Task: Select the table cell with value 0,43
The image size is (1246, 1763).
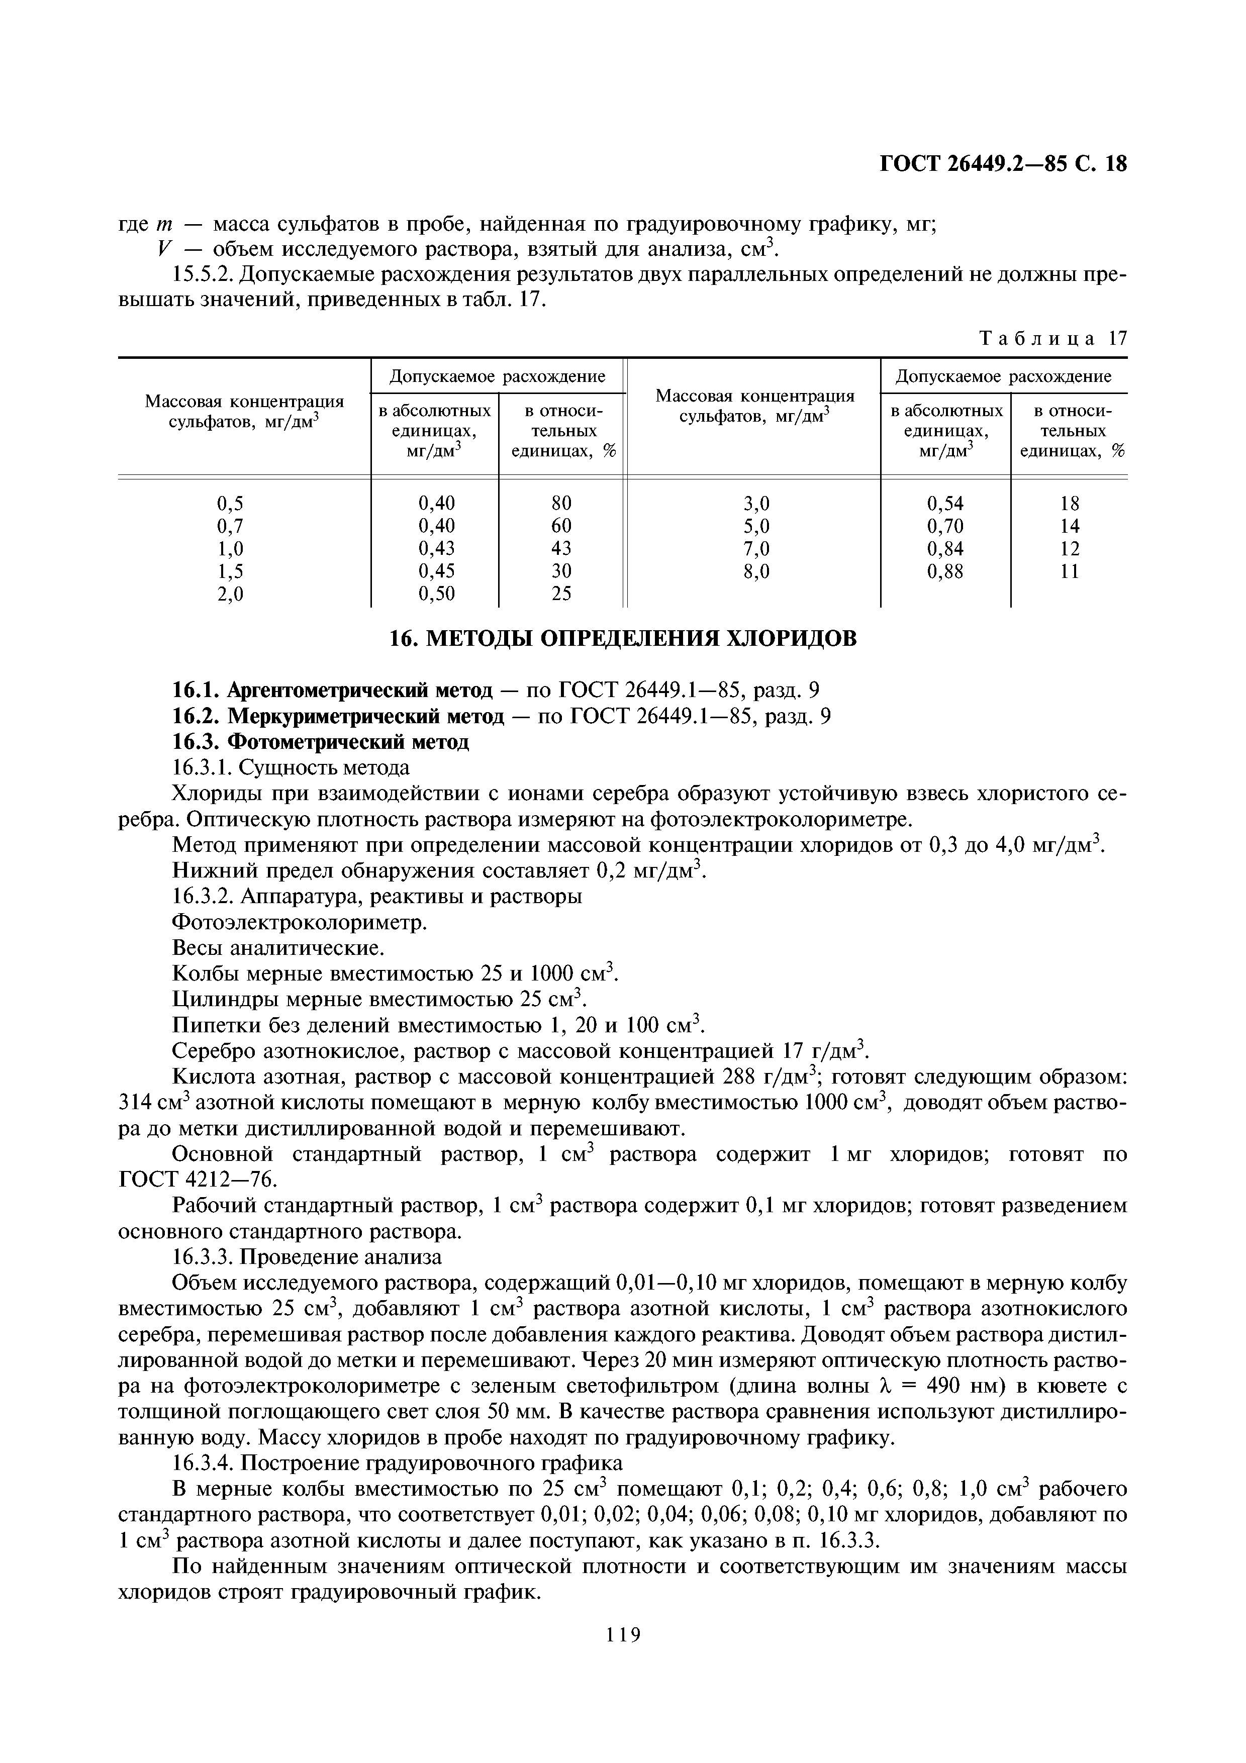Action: [436, 548]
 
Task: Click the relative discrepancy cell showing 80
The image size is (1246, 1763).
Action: [561, 503]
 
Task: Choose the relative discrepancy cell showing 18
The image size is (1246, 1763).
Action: [1069, 503]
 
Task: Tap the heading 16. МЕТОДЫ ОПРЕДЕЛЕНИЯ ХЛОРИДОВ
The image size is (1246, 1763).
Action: [623, 638]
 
